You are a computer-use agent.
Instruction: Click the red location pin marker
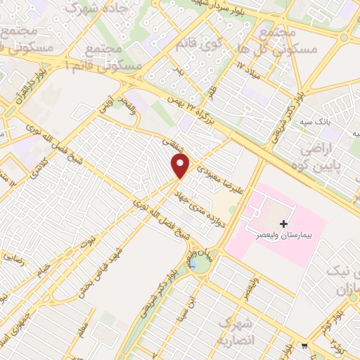[x=181, y=166]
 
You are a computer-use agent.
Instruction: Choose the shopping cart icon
[x=304, y=345]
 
